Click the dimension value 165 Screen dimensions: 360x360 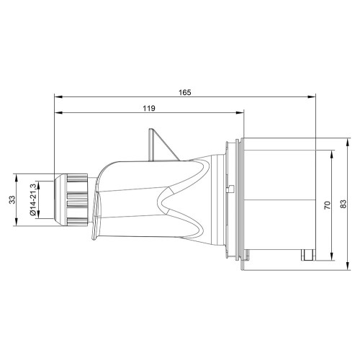tap(185, 92)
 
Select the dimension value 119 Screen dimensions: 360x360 tap(149, 108)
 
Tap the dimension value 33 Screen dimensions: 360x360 tap(12, 199)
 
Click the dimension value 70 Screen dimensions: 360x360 tap(328, 205)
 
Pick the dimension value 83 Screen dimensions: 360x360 tap(343, 204)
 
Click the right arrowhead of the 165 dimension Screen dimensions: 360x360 tap(312, 97)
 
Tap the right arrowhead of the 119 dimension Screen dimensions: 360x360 tap(240, 113)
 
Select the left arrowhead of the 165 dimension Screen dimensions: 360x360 tap(58, 97)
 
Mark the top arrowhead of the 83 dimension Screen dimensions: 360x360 tap(347, 142)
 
